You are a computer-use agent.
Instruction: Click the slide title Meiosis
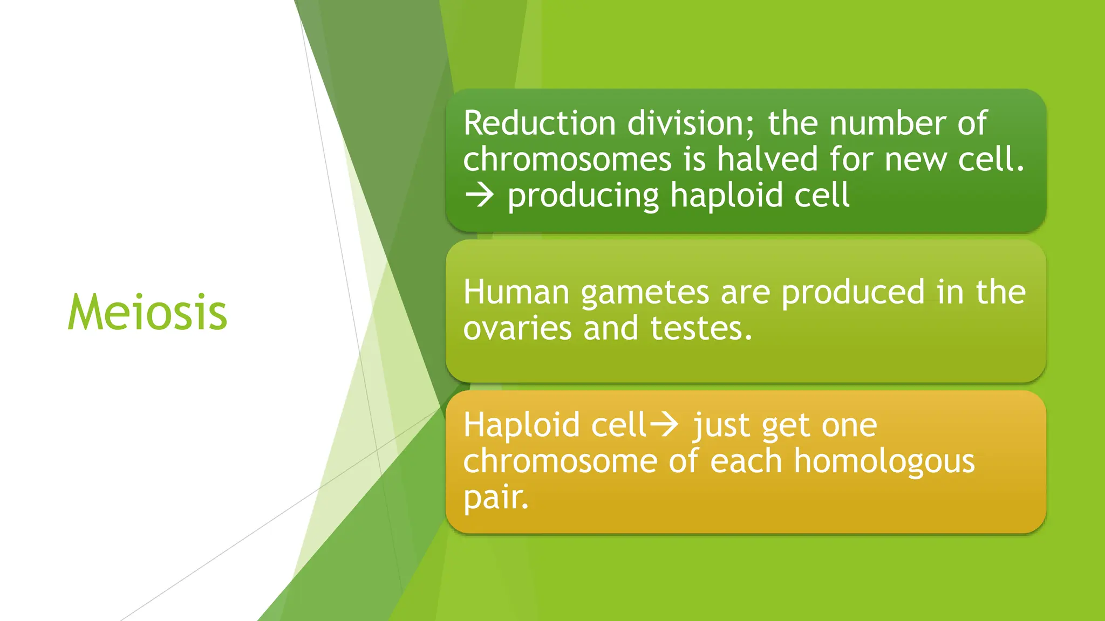(x=147, y=312)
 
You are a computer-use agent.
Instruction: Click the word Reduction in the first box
(x=539, y=123)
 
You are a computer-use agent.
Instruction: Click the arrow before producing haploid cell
(x=479, y=195)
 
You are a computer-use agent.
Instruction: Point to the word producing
(x=583, y=196)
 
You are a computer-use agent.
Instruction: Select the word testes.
(x=701, y=328)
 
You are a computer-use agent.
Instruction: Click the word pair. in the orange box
(x=496, y=498)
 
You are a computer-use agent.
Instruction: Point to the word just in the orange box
(x=721, y=426)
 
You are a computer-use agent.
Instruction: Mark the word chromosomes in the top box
(x=567, y=160)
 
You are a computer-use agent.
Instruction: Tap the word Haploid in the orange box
(x=522, y=426)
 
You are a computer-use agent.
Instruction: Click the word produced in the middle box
(x=853, y=293)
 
